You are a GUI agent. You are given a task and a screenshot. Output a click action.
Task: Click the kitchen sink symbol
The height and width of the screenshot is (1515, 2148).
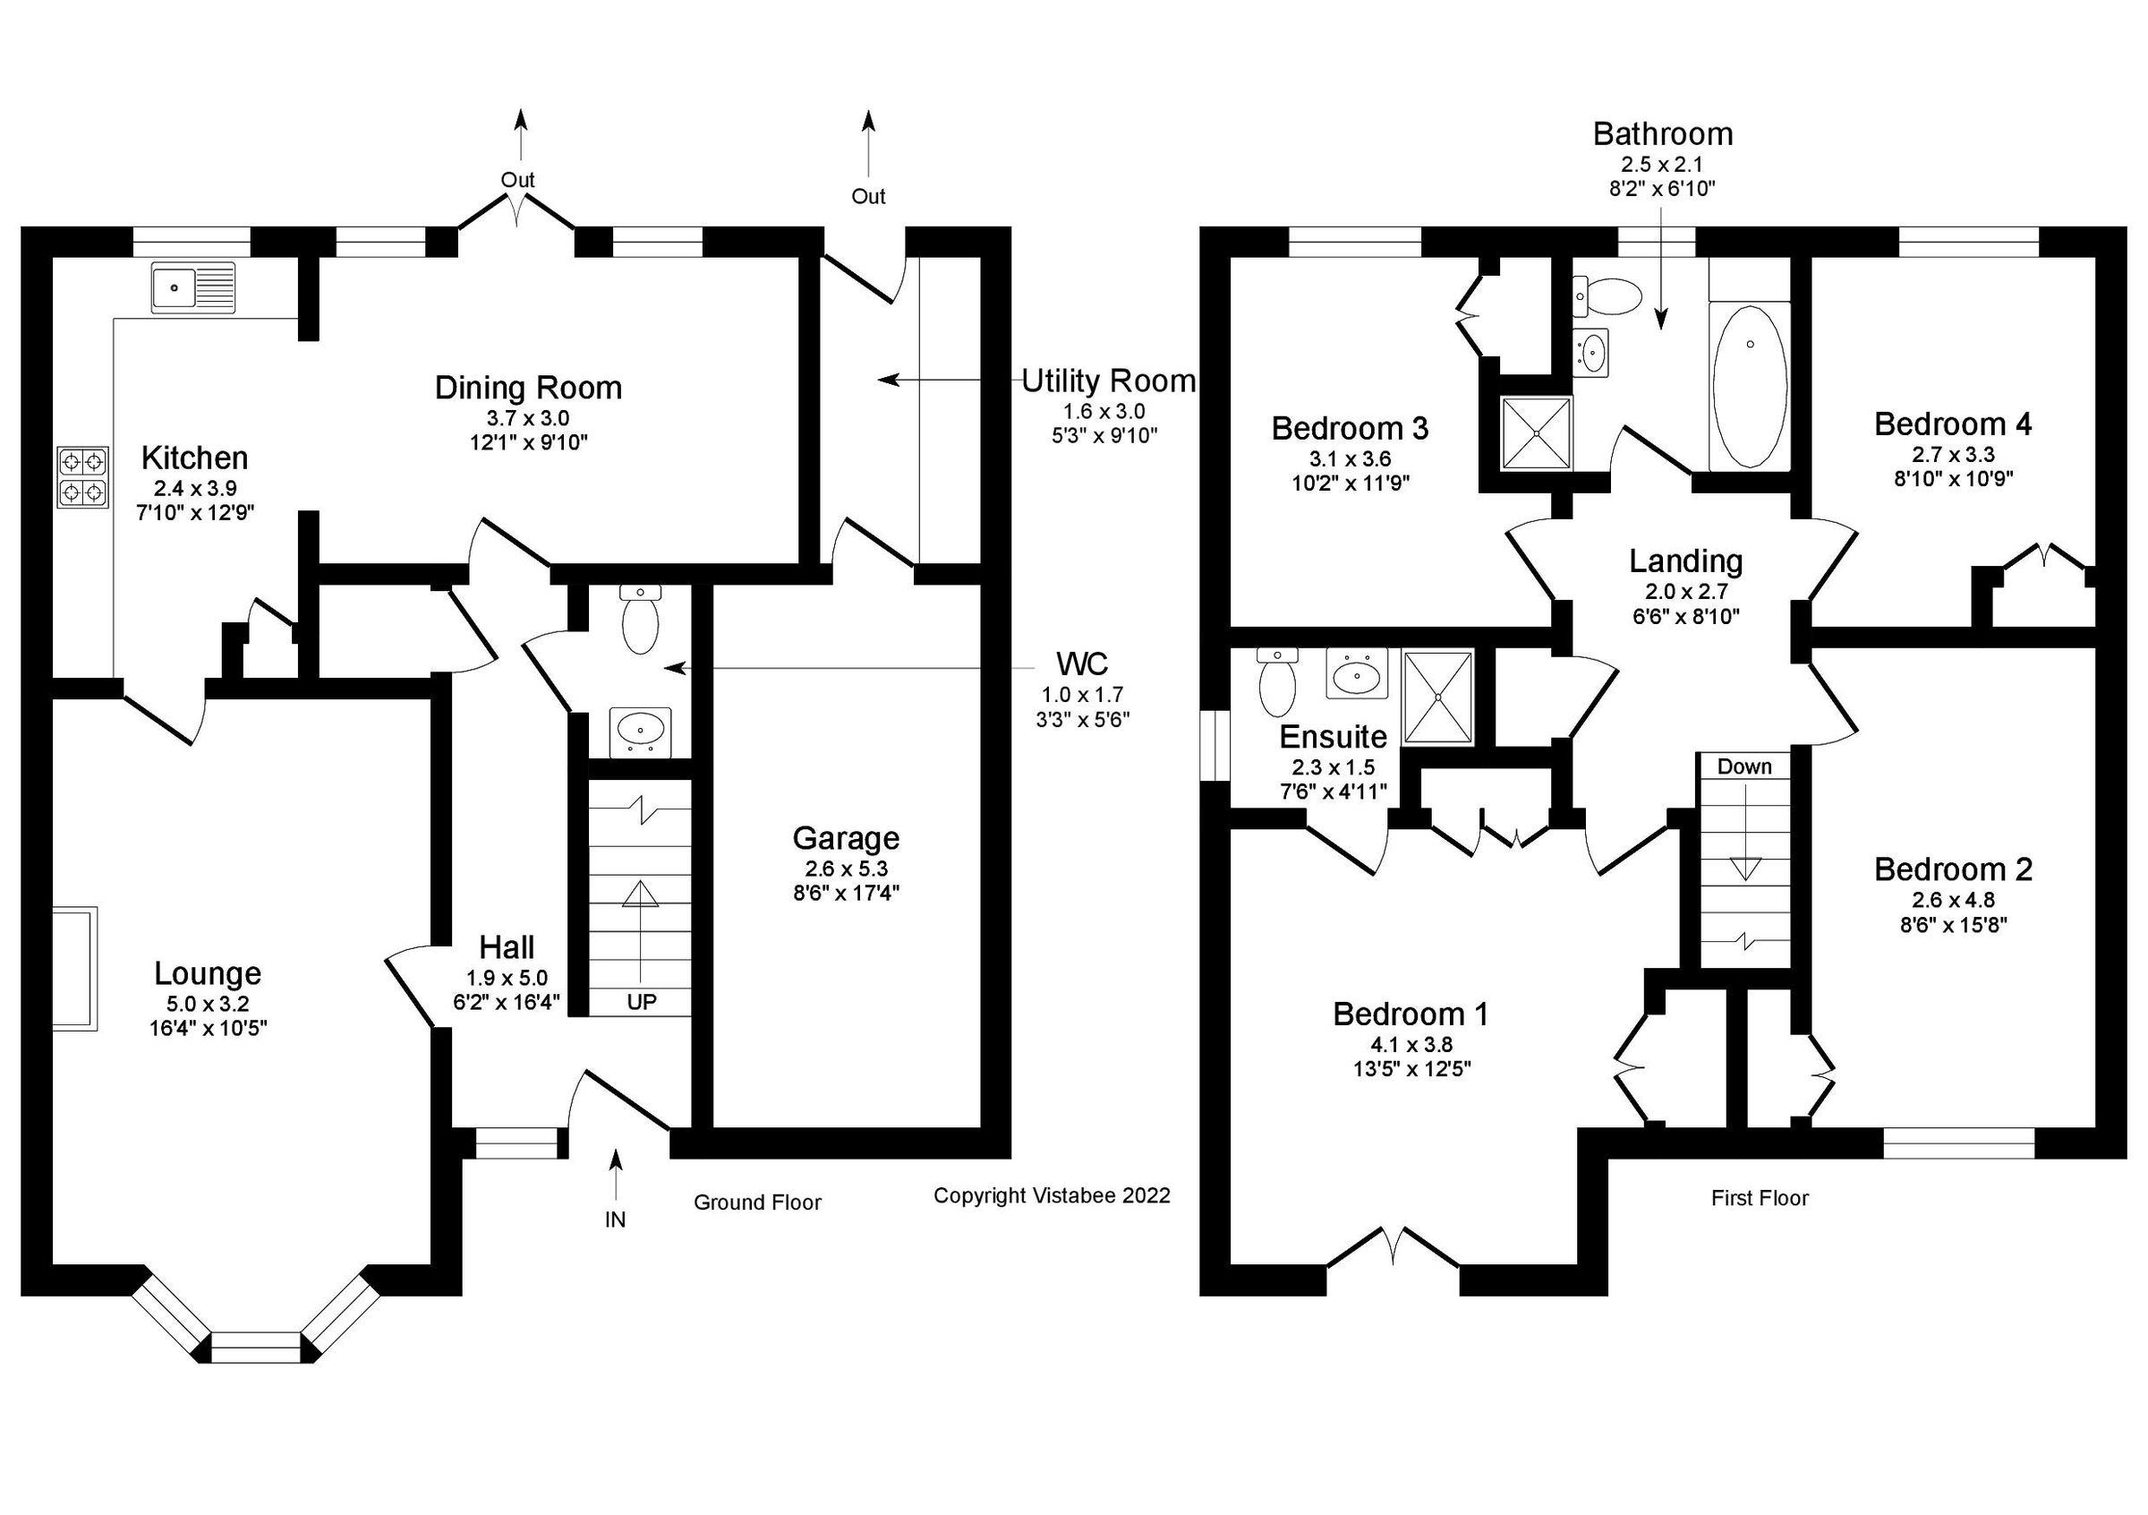pyautogui.click(x=194, y=287)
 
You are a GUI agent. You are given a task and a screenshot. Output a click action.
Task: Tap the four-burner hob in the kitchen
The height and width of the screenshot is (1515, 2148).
pyautogui.click(x=82, y=477)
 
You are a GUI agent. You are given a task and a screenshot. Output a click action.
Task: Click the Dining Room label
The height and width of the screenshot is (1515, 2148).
pyautogui.click(x=528, y=388)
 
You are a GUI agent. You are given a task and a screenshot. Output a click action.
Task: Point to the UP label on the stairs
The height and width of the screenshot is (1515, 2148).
pyautogui.click(x=641, y=1002)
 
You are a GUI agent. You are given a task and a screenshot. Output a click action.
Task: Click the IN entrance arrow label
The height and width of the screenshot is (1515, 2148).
pyautogui.click(x=615, y=1220)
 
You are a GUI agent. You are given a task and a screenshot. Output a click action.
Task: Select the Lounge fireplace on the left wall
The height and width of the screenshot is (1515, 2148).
pyautogui.click(x=75, y=969)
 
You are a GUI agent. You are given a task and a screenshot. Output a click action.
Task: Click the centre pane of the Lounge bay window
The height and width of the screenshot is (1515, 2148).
pyautogui.click(x=255, y=1348)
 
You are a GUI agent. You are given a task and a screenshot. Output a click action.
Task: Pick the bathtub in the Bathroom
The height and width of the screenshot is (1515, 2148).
pyautogui.click(x=1749, y=389)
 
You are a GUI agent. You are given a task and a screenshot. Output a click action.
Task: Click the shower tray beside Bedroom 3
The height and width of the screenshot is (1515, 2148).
pyautogui.click(x=1535, y=432)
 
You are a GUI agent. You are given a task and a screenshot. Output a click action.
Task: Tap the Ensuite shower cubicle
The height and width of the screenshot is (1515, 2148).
pyautogui.click(x=1438, y=697)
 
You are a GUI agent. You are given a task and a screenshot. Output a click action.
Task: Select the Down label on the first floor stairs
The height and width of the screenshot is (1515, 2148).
pyautogui.click(x=1743, y=766)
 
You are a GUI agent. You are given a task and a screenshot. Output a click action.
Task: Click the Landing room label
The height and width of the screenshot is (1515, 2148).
pyautogui.click(x=1685, y=561)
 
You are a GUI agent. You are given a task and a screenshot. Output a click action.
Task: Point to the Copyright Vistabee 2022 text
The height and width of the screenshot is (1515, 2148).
pyautogui.click(x=1052, y=1195)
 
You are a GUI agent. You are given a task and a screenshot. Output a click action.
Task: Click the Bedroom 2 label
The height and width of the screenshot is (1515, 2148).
pyautogui.click(x=1953, y=869)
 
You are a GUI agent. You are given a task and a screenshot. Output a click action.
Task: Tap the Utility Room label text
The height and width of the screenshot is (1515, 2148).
pyautogui.click(x=1108, y=381)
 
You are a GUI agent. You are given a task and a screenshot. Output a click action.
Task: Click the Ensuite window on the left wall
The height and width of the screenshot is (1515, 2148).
pyautogui.click(x=1215, y=745)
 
